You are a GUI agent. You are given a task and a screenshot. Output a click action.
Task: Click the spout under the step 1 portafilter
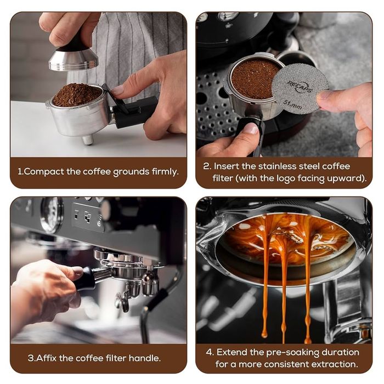coord(88,140)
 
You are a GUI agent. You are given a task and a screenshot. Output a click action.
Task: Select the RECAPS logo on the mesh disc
coord(300,87)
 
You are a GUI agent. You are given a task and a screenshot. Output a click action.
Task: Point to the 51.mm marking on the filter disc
coord(292,104)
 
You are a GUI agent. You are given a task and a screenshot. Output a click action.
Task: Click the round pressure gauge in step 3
coord(52,214)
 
